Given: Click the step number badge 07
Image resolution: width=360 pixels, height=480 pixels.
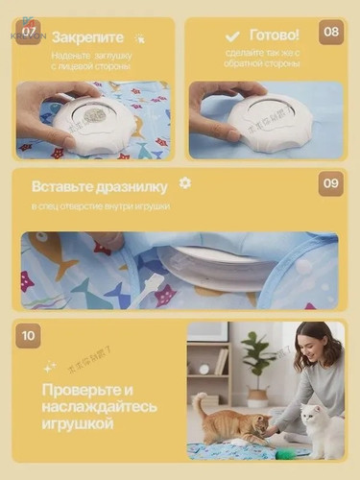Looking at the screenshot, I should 29,31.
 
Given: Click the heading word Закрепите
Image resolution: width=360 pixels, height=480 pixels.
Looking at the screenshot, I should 88,37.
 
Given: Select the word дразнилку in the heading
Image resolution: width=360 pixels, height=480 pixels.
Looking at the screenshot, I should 132,186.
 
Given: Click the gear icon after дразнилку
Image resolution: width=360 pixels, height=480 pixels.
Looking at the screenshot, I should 185,182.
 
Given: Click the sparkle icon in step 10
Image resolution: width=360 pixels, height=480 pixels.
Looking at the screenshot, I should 49,367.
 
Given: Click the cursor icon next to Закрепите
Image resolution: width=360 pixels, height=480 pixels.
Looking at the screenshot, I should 140,38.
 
